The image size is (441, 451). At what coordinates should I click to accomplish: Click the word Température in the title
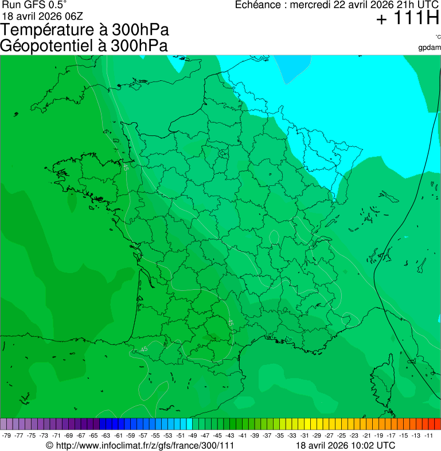tap(49, 30)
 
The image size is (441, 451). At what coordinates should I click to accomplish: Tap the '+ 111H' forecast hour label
tap(407, 19)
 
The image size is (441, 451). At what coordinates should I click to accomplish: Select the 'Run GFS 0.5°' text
tap(34, 5)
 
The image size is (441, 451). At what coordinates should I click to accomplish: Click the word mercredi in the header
tap(314, 5)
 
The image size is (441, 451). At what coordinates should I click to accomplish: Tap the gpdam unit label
tap(430, 48)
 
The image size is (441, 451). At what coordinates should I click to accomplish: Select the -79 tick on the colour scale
tap(7, 436)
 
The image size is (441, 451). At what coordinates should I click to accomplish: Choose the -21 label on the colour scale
tap(366, 436)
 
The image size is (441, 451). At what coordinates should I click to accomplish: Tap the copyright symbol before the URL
tap(50, 445)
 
